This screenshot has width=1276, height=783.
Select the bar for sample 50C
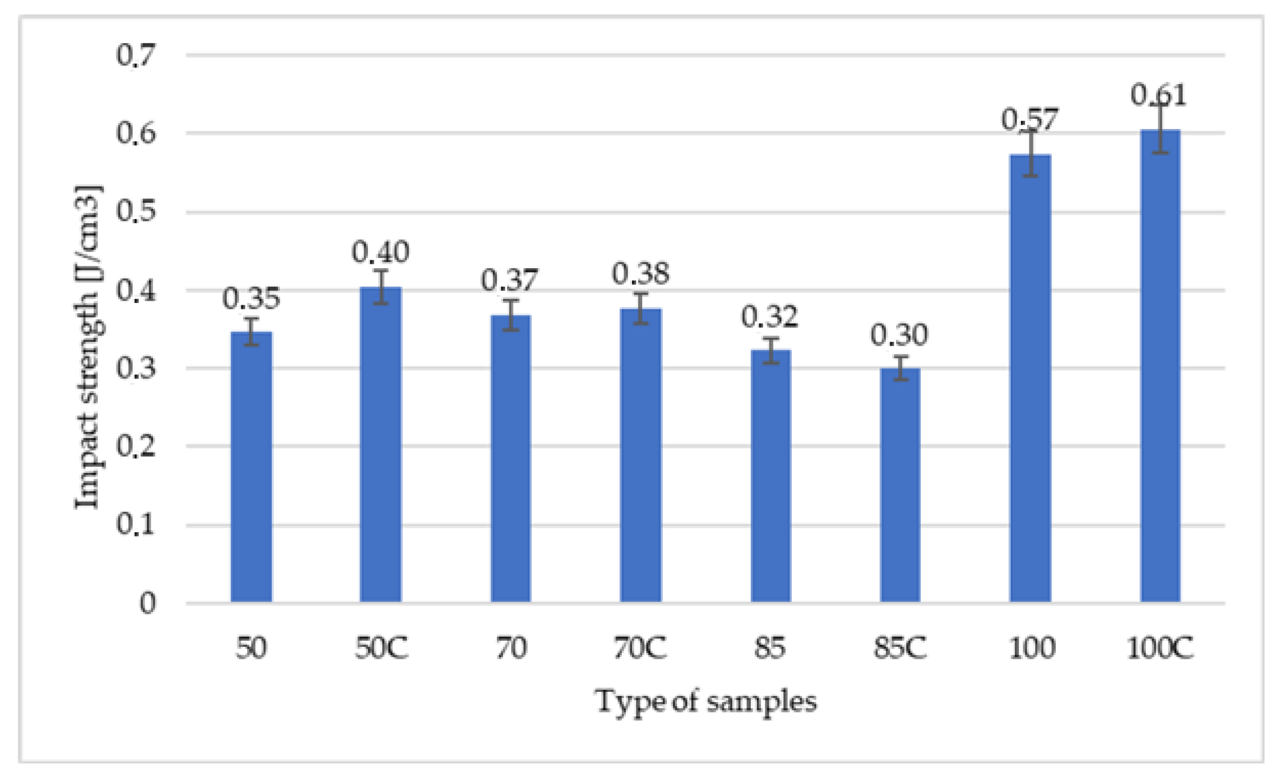(x=381, y=444)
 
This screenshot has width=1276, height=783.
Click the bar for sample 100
(x=1030, y=378)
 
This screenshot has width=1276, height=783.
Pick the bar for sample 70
(x=511, y=458)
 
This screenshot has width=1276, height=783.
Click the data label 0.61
(x=1158, y=95)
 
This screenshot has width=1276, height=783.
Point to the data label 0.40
(x=381, y=252)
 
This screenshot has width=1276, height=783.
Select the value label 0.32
(x=769, y=317)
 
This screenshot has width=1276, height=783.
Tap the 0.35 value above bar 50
(x=251, y=298)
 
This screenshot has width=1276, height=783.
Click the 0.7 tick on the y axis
(x=136, y=55)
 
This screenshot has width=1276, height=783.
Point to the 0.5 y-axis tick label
(x=136, y=211)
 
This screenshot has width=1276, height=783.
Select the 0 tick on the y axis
(x=148, y=603)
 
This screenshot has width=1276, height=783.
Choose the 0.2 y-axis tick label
(x=136, y=446)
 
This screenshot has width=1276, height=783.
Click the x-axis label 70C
(x=640, y=648)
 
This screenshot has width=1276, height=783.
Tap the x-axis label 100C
(x=1160, y=648)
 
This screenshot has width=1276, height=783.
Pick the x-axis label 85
(x=769, y=648)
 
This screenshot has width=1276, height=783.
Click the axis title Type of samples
(x=706, y=701)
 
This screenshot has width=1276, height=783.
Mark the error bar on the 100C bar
(x=1160, y=129)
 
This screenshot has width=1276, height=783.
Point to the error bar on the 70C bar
(x=641, y=308)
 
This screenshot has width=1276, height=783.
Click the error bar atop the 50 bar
(x=251, y=331)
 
